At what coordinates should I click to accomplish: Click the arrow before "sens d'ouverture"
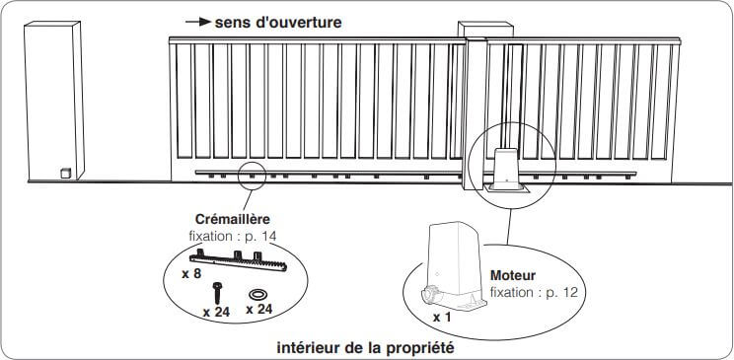point(198,22)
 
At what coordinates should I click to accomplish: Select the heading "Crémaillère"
point(233,219)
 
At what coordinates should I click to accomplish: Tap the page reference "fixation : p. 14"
point(233,236)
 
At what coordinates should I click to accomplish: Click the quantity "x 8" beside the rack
point(191,274)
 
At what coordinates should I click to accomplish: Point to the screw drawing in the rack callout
point(217,293)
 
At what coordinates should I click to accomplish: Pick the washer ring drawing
point(257,295)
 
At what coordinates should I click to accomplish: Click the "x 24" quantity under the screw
point(216,313)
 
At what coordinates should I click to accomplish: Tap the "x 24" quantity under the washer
point(258,310)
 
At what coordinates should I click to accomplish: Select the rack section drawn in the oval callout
point(239,260)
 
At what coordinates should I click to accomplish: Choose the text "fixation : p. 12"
point(534,293)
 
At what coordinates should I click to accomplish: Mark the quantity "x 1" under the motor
point(441,318)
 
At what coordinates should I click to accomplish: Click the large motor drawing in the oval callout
point(454,265)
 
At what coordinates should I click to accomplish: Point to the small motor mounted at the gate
point(506,169)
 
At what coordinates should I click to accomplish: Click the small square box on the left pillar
point(66,173)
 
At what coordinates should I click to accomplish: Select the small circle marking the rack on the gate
point(252,176)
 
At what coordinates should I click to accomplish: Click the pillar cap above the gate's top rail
point(485,29)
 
